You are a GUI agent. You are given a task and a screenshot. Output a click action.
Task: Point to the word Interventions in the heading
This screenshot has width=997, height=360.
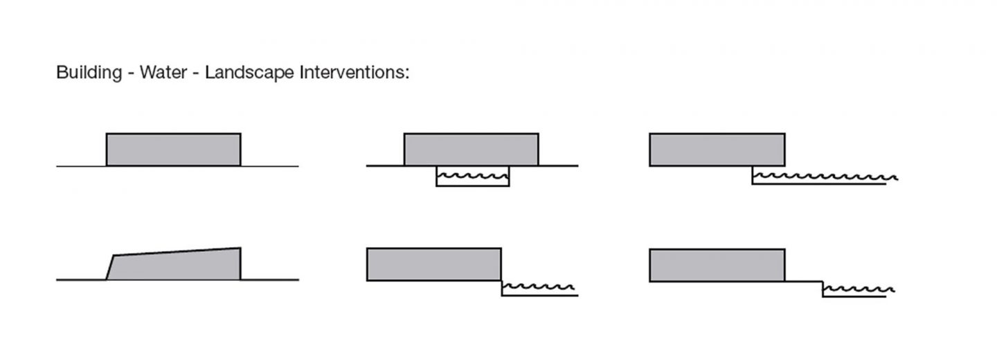coord(352,73)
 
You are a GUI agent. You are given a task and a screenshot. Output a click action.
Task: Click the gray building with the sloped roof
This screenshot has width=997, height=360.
coord(177,264)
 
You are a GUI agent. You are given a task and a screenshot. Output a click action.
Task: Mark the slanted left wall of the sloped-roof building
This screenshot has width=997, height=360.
coord(109,267)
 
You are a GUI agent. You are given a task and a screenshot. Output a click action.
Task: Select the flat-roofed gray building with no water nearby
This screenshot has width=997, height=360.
coord(173,149)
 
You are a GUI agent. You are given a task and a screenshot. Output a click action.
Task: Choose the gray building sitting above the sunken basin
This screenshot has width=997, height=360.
coord(471,149)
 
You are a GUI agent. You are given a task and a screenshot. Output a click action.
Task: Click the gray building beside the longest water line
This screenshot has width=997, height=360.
coord(717,149)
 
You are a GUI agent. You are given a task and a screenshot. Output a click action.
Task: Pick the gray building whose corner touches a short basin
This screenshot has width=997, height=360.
coord(433,264)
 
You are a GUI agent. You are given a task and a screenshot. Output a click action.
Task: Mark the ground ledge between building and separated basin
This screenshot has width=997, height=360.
coord(804,281)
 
